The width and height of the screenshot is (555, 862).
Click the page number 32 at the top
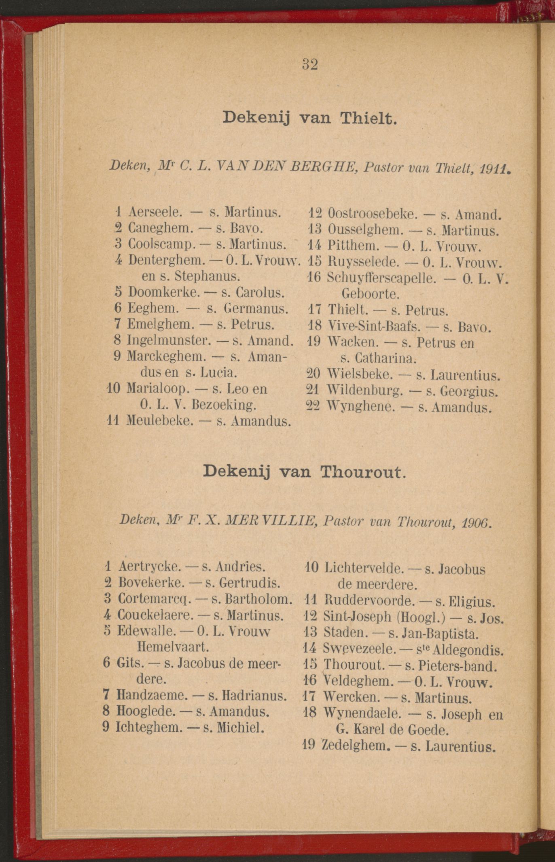coord(309,64)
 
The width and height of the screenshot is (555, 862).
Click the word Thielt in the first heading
coord(367,118)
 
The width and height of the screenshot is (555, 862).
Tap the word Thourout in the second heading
coord(362,472)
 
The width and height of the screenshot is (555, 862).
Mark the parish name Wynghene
coord(360,407)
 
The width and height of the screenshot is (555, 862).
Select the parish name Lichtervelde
coord(364,569)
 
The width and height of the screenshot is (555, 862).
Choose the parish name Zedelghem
coord(356,746)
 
